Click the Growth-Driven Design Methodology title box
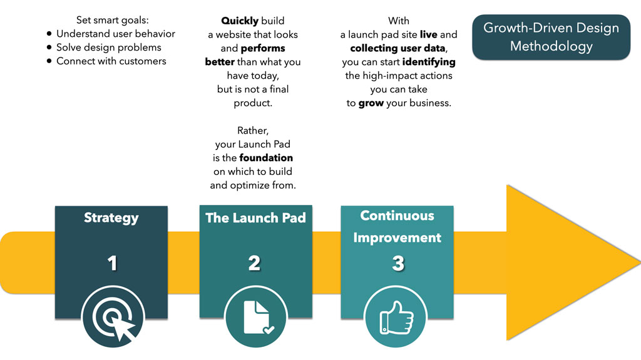coord(551,37)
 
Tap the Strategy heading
coord(111,218)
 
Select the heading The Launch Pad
coord(255,218)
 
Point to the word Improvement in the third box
coord(397,237)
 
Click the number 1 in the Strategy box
coord(113,263)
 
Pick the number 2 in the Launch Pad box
coord(254,263)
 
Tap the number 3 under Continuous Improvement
coord(397,263)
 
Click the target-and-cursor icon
coord(113,317)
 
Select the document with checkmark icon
coord(256,317)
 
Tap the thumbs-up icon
coord(396,317)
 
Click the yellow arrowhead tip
coord(640,262)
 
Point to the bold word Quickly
coord(240,21)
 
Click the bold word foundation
coord(266,157)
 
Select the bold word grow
coord(371,103)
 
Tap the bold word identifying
coord(429,62)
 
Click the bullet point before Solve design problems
coord(49,47)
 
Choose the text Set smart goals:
coord(113,20)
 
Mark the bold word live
coord(428,34)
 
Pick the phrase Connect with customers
coord(111,61)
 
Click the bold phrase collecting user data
coord(397,48)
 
